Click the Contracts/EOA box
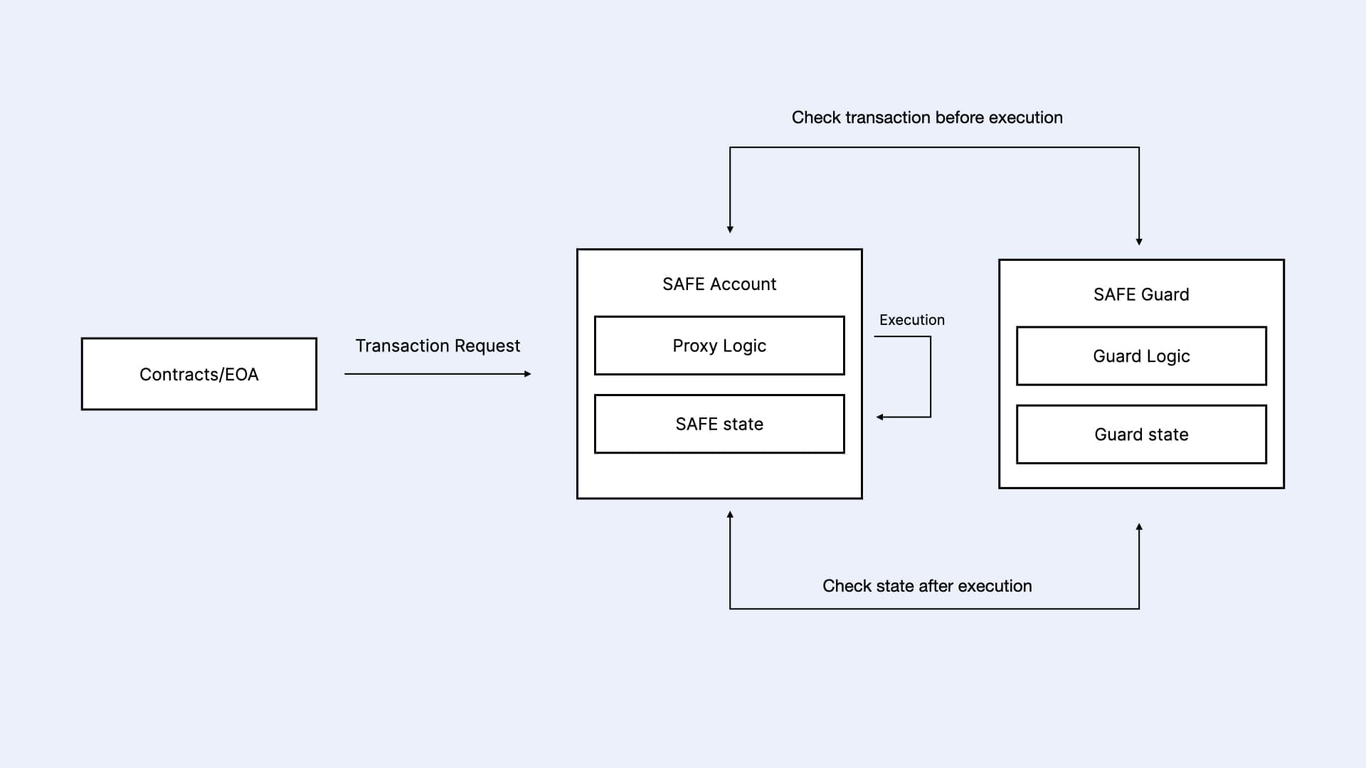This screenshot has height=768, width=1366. pos(198,374)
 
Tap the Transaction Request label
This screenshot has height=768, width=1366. pos(438,346)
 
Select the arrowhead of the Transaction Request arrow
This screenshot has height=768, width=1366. pos(527,374)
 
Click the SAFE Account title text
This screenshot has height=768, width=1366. pos(719,284)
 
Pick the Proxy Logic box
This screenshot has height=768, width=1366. pos(719,346)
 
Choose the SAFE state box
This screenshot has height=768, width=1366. pos(719,424)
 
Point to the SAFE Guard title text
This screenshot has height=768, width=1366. pos(1140,294)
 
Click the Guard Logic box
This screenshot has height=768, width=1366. pos(1140,356)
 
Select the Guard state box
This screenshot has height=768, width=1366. pos(1140,434)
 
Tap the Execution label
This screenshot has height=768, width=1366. pos(911,320)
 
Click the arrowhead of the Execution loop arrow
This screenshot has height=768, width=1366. pos(880,417)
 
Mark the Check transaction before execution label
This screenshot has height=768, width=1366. pos(926,117)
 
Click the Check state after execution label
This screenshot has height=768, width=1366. pos(926,586)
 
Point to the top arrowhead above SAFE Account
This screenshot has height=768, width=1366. pos(730,229)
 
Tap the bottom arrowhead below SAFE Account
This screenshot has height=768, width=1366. pos(730,515)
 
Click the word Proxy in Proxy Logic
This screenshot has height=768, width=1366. pos(694,346)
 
